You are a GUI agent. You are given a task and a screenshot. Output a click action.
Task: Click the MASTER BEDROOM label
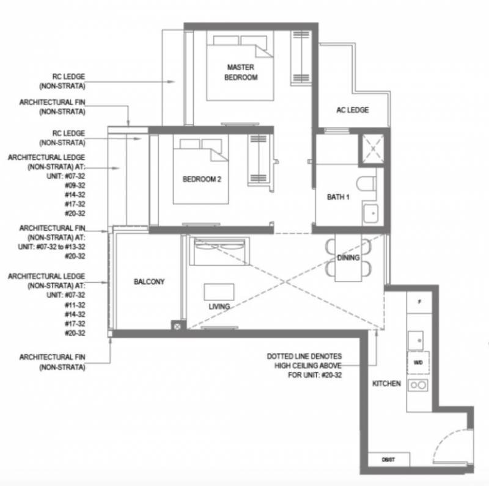[x=241, y=72]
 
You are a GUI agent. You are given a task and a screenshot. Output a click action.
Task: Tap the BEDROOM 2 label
[x=202, y=179]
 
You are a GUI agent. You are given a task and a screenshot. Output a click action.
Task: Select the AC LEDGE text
[x=353, y=110]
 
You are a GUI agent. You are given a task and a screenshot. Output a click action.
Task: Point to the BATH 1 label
[x=338, y=197]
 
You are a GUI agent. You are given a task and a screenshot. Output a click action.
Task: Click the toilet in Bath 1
[x=366, y=184]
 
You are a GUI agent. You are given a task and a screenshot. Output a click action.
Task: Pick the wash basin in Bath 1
[x=371, y=214]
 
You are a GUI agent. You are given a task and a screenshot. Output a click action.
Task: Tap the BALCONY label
[x=149, y=281]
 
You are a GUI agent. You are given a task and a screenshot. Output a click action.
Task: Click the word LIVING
[x=219, y=306]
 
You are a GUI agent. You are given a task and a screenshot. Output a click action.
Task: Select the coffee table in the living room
[x=219, y=292]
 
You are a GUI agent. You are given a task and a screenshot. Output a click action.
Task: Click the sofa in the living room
[x=219, y=251]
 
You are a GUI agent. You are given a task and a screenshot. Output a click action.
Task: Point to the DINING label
[x=348, y=258]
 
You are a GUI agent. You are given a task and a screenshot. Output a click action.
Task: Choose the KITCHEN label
[x=386, y=383]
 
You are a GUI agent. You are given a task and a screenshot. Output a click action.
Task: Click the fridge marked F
[x=419, y=302]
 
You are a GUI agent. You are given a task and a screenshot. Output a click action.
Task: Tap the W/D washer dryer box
[x=418, y=363]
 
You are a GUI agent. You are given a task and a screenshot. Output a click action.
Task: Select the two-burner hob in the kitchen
[x=418, y=385]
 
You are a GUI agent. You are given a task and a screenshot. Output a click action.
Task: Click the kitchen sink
[x=416, y=341]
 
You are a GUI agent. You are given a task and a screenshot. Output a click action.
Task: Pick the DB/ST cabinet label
[x=388, y=460]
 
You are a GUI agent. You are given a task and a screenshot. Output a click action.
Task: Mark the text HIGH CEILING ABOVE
[x=308, y=366]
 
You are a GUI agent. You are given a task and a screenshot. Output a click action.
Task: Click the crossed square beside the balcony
[x=177, y=327]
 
